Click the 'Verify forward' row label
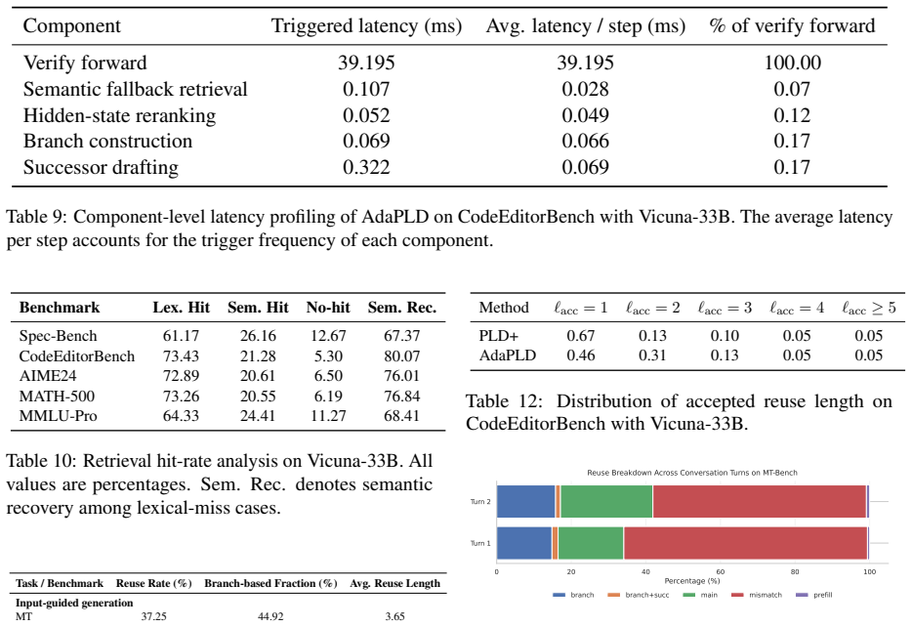(x=85, y=63)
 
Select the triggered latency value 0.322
(x=366, y=168)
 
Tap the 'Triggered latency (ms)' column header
(x=366, y=25)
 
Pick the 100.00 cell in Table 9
(x=792, y=63)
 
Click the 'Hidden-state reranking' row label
(x=119, y=115)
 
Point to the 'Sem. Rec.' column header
(x=402, y=307)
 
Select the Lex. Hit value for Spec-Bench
(x=181, y=336)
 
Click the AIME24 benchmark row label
(x=48, y=376)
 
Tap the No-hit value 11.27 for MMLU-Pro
(x=328, y=416)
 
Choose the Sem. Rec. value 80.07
(x=402, y=355)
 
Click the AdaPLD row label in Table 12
(x=507, y=355)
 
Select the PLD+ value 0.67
(x=580, y=336)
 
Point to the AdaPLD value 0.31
(x=652, y=355)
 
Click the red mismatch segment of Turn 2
(x=760, y=501)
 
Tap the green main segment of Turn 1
(x=591, y=543)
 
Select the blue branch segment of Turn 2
(x=526, y=501)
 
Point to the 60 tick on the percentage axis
(x=720, y=571)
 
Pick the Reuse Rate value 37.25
(x=153, y=616)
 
